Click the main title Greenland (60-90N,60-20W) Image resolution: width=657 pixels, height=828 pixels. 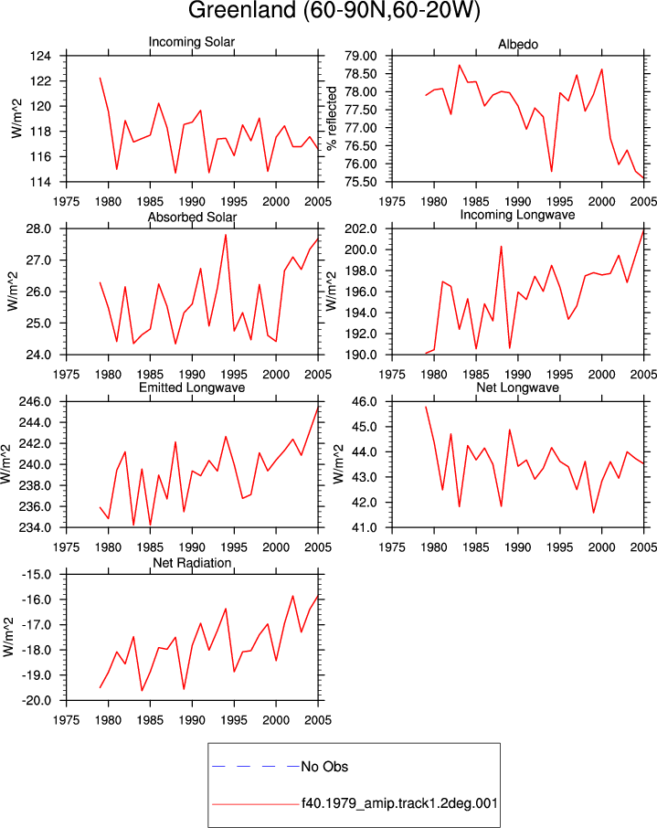334,10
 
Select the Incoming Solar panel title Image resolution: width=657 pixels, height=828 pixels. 192,42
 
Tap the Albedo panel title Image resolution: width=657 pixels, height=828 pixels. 518,45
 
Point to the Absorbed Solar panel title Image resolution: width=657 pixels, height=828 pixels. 192,217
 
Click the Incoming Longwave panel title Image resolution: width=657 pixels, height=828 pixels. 517,215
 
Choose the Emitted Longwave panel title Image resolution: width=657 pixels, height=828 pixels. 192,387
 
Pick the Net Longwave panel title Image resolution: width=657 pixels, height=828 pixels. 517,387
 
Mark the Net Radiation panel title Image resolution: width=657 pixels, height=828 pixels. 192,563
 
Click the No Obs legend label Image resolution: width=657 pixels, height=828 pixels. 324,767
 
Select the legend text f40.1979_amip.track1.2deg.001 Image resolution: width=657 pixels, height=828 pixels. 399,803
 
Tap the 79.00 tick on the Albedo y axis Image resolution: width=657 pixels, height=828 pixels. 361,56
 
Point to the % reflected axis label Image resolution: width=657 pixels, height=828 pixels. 332,118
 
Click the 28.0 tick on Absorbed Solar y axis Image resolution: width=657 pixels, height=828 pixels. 39,229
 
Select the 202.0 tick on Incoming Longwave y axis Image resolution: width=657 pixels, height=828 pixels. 361,229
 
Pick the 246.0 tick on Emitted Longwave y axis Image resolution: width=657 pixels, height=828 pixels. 35,402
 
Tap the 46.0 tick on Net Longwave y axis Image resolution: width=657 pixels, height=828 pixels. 365,402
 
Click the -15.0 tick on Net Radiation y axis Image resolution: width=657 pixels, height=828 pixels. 37,575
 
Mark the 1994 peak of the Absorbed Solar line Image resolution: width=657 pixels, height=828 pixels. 226,235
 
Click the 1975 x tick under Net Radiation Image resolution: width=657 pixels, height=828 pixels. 67,720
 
